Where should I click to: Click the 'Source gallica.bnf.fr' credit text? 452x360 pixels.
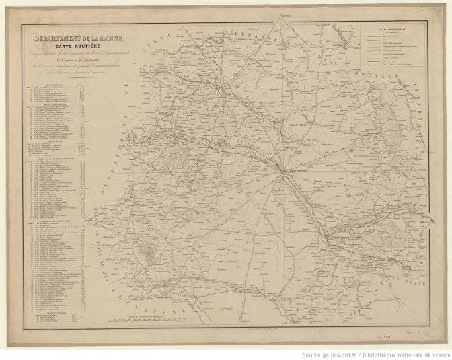330,354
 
